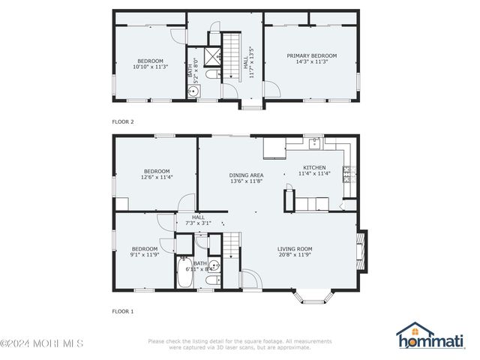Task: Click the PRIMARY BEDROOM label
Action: (311, 55)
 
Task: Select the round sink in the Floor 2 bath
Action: (193, 91)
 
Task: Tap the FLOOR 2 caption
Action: (122, 121)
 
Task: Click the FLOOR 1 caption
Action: (122, 310)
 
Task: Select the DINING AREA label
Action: (245, 175)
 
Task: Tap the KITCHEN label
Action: (313, 167)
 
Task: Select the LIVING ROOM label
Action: (294, 249)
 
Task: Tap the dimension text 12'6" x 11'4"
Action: (157, 178)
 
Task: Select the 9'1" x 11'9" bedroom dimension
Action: (145, 255)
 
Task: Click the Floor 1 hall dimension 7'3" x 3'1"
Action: (197, 223)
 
